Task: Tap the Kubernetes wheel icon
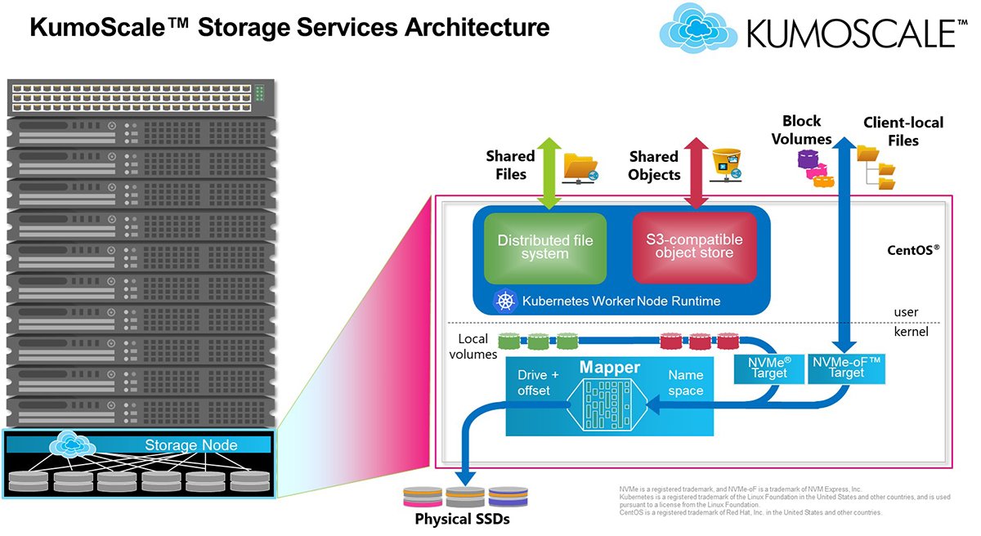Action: [505, 301]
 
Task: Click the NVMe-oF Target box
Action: [846, 367]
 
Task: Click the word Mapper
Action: [610, 368]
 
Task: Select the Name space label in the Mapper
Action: [685, 382]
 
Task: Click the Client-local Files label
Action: [903, 132]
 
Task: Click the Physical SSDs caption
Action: [462, 519]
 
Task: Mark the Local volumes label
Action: [477, 346]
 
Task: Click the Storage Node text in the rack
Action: [190, 445]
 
